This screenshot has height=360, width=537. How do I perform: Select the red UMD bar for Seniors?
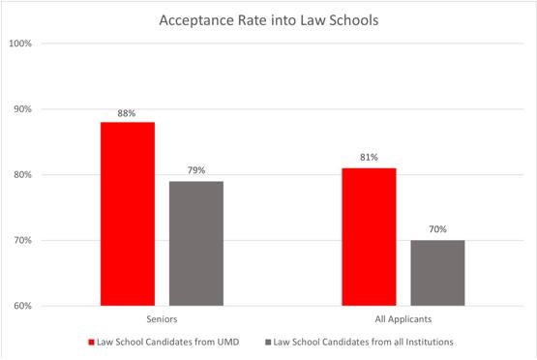point(128,214)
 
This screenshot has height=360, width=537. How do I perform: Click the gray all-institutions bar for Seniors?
point(195,243)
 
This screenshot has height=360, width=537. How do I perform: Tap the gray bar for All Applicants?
point(437,273)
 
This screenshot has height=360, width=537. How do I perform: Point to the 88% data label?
point(128,112)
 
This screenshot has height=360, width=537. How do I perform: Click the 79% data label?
point(195,171)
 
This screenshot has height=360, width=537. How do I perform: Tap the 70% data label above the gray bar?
point(437,230)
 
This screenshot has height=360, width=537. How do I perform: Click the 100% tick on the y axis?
point(20,44)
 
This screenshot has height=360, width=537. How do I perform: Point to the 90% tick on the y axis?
point(22,109)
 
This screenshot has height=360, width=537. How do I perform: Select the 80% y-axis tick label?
point(22,175)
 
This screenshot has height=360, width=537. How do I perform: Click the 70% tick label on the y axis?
point(22,241)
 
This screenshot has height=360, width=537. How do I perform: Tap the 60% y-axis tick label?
point(22,307)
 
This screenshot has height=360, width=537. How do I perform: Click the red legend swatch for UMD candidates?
point(92,342)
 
